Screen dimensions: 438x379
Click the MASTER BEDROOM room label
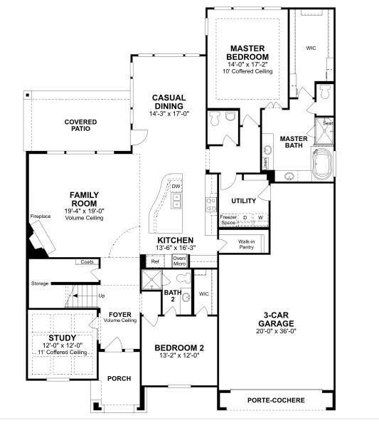[247, 52]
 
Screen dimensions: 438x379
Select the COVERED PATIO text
[80, 126]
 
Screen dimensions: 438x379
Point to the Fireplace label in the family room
[40, 216]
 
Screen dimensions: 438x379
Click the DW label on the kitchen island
[175, 187]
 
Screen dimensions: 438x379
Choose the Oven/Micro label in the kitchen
[180, 260]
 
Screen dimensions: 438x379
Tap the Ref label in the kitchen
[155, 261]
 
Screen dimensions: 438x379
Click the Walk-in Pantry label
[247, 245]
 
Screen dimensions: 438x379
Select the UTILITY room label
[243, 201]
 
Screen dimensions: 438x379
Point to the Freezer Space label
[228, 220]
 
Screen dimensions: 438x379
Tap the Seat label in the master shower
[328, 123]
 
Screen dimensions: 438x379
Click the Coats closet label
[87, 262]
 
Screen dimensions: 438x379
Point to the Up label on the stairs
[101, 296]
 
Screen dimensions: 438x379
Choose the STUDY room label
[62, 338]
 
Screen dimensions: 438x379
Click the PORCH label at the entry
[119, 378]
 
